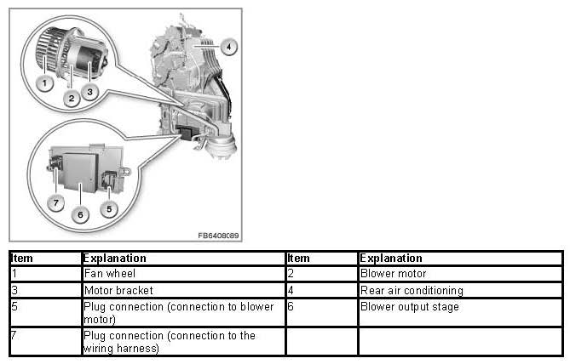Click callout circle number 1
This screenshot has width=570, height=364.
tap(44, 83)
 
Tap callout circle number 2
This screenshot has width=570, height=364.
tap(72, 98)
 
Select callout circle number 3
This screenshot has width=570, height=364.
tap(89, 92)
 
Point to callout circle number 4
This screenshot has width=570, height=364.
tap(228, 47)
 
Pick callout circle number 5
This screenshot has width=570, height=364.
tap(109, 208)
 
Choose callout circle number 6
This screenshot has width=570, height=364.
tap(80, 214)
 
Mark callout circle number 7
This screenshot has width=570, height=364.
tap(55, 202)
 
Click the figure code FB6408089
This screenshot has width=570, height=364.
tap(218, 236)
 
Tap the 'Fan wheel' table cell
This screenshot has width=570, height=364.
tap(183, 274)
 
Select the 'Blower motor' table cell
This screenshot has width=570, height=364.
tap(461, 274)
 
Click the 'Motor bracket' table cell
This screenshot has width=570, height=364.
tap(183, 290)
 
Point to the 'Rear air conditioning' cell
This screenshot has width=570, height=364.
tap(461, 290)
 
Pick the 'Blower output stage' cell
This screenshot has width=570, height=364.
tap(461, 312)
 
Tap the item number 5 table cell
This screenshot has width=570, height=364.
tap(46, 312)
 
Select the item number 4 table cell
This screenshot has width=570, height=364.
tap(322, 290)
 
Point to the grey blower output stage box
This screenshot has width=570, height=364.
tap(81, 172)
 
